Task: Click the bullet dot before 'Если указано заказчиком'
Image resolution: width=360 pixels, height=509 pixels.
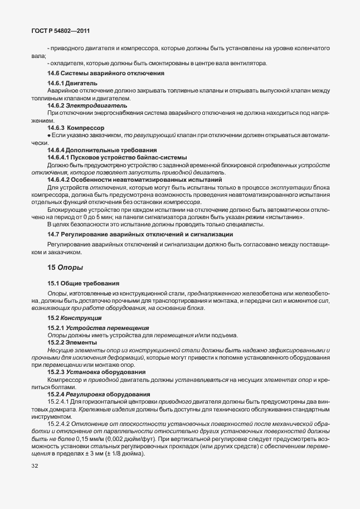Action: click(49, 136)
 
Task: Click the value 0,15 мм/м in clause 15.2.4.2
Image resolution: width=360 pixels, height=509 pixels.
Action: click(88, 438)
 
